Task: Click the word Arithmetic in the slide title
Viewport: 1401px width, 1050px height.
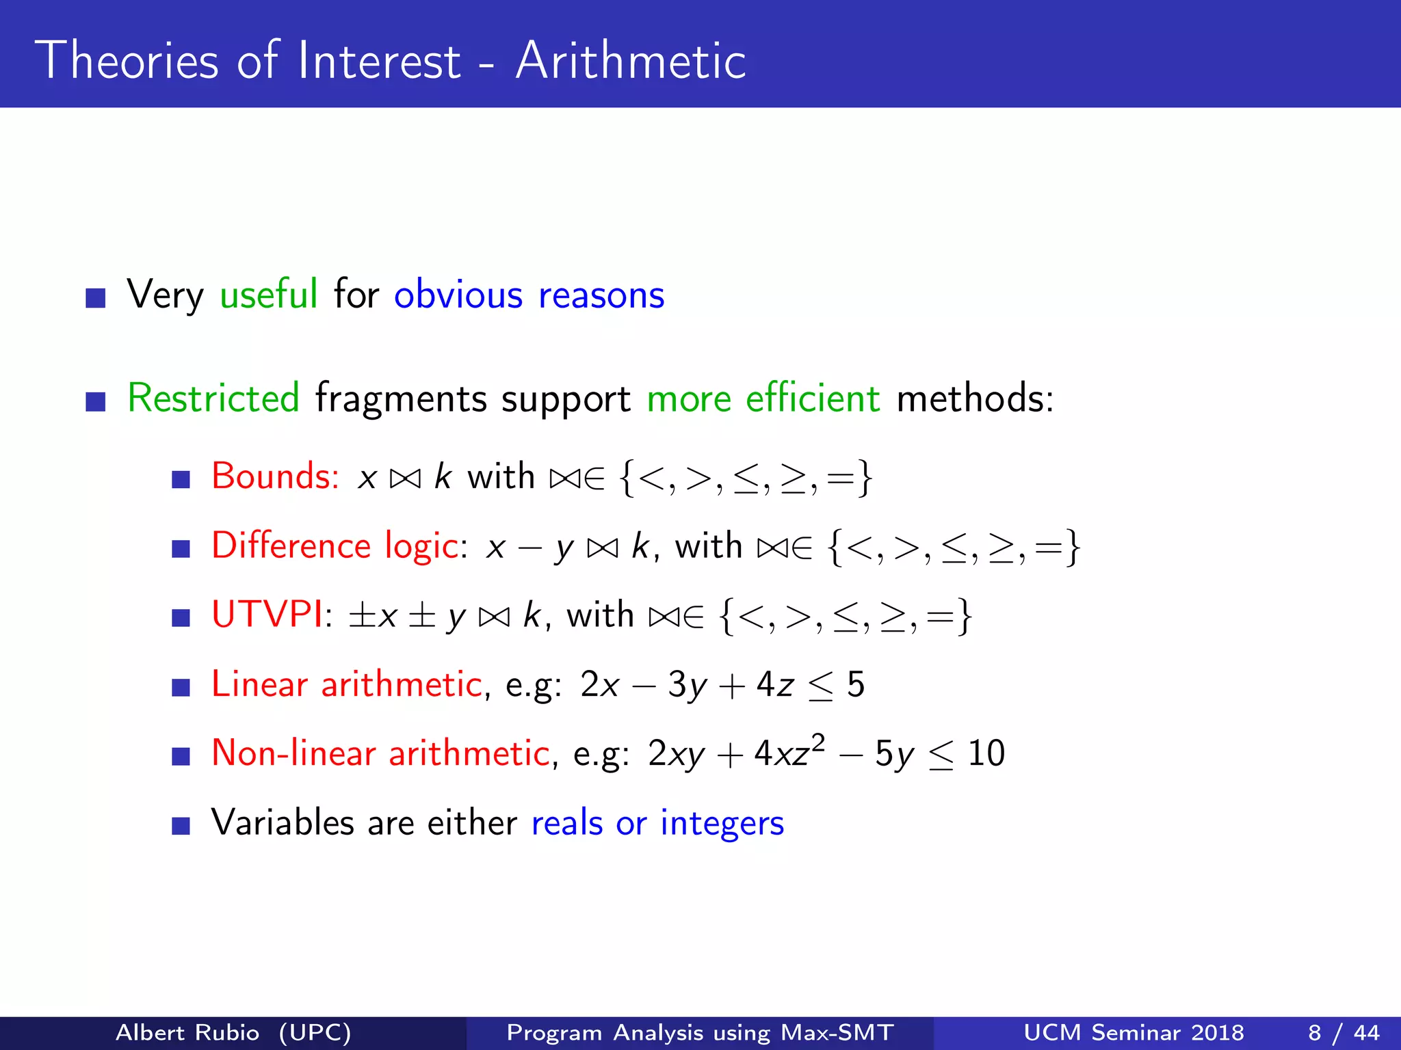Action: (630, 62)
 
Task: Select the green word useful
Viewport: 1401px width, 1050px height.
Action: (268, 295)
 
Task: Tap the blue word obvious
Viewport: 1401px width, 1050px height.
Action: (458, 295)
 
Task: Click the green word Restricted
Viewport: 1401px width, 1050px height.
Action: (213, 399)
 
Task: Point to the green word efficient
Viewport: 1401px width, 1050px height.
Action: (812, 399)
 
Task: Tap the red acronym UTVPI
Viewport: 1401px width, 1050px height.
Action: (267, 615)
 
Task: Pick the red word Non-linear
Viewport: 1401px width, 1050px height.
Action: (293, 753)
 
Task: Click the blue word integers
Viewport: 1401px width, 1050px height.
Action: (722, 823)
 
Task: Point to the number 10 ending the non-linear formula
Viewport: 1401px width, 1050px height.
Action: (986, 753)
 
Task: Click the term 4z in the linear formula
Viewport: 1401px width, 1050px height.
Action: (775, 684)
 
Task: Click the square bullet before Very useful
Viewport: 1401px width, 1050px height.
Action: (96, 298)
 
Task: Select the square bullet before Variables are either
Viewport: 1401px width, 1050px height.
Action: (181, 826)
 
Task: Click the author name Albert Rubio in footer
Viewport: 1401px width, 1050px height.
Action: (187, 1032)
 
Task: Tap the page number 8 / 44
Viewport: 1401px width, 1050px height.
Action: (1344, 1032)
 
